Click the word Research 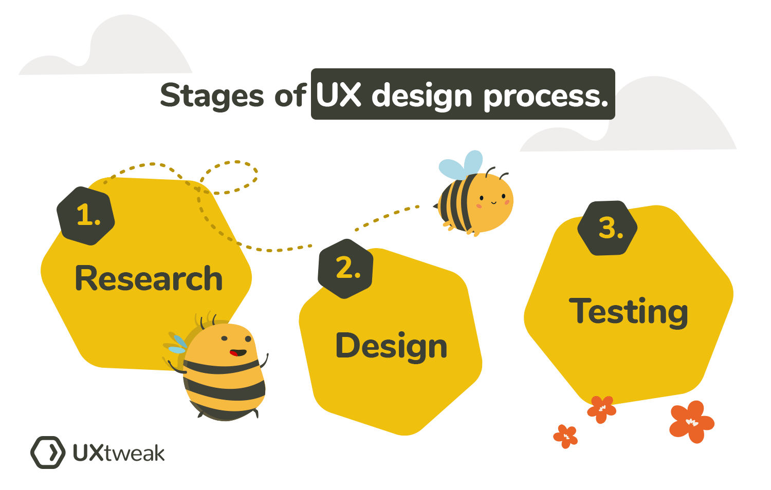coord(149,278)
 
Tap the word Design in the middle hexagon coord(391,345)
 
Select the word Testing coord(628,311)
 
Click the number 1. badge coord(86,215)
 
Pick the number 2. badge coord(346,268)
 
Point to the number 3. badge coord(608,228)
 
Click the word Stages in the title coord(212,96)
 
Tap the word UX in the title coord(338,95)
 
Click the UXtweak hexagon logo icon coord(48,453)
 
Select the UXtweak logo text coord(119,453)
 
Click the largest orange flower coord(691,422)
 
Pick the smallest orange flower coord(566,436)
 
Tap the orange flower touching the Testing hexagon coord(602,408)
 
